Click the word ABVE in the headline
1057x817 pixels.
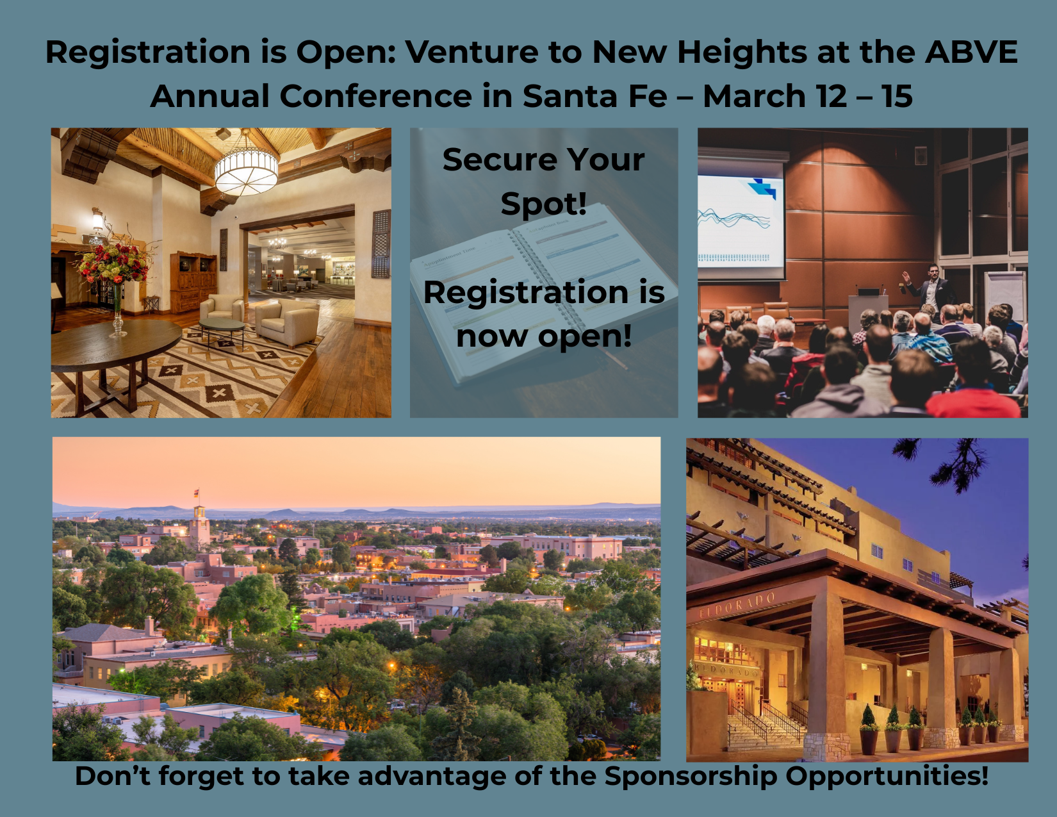tap(971, 51)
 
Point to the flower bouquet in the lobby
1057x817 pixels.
tap(113, 260)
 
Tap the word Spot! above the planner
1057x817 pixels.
tap(543, 203)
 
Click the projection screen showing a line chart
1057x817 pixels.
tap(741, 222)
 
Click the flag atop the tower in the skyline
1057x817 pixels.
tap(197, 492)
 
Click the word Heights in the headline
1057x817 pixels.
tap(742, 53)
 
